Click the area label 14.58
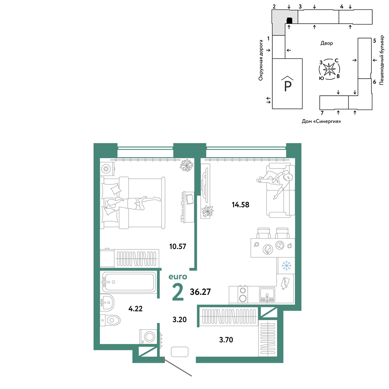click(240, 205)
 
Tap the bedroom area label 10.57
click(178, 246)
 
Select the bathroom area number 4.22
click(135, 308)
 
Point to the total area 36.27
click(200, 292)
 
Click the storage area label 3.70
click(226, 340)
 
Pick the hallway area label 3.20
click(179, 319)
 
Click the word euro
click(178, 277)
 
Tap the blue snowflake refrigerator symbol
click(287, 266)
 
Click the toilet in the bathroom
click(110, 320)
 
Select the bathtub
click(129, 282)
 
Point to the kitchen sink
click(267, 294)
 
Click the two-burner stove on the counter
click(243, 294)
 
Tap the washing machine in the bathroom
click(148, 336)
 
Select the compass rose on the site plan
click(329, 69)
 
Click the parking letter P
click(287, 86)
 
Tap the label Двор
click(326, 43)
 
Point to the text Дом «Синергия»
click(321, 121)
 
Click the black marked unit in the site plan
click(289, 20)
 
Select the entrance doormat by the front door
click(180, 352)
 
